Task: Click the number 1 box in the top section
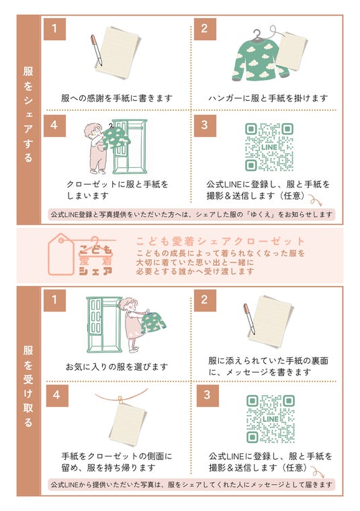tap(55, 29)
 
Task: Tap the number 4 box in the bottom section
tap(57, 396)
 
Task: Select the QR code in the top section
tap(269, 147)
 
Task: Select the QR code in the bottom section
tap(270, 419)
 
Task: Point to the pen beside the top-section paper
tap(97, 50)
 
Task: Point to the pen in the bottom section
tap(249, 319)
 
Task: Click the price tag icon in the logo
tap(61, 254)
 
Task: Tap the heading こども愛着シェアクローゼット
tap(220, 242)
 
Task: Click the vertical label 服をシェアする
tap(28, 114)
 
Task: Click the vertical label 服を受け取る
tap(28, 386)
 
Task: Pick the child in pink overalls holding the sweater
tap(95, 148)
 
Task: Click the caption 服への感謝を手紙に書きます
tap(117, 98)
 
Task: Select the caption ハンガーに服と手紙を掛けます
tap(268, 98)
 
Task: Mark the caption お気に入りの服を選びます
tap(117, 367)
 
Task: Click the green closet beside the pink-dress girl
tap(104, 325)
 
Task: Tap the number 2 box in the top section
tap(205, 29)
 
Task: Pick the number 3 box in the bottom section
tap(208, 396)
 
